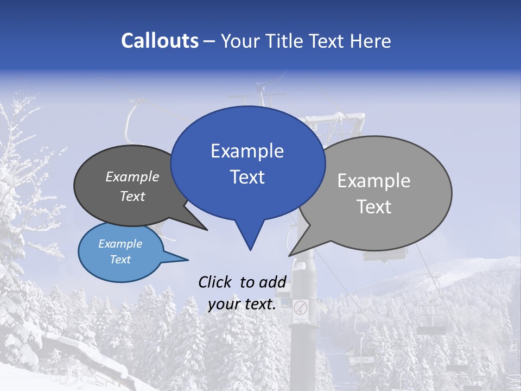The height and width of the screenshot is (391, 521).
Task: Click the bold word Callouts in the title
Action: (160, 41)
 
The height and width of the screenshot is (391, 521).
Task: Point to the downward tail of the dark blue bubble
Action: (250, 239)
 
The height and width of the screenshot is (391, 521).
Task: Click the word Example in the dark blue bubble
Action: (247, 151)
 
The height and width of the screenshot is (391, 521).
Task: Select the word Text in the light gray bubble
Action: (374, 207)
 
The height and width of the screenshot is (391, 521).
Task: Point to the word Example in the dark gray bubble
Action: (132, 176)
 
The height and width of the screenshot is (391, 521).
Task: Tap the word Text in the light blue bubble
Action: (120, 260)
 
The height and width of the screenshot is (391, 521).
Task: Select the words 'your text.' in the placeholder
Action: (242, 305)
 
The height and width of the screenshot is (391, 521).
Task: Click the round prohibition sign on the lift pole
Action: (300, 308)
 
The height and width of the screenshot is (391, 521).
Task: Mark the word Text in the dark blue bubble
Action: (247, 177)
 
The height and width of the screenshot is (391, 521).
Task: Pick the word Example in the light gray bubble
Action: (374, 181)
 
